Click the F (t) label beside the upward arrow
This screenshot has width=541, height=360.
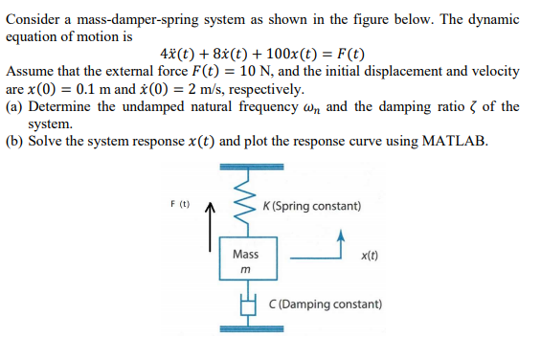[179, 204]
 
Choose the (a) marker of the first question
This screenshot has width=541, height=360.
[14, 106]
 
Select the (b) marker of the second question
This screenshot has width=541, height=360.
[15, 142]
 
